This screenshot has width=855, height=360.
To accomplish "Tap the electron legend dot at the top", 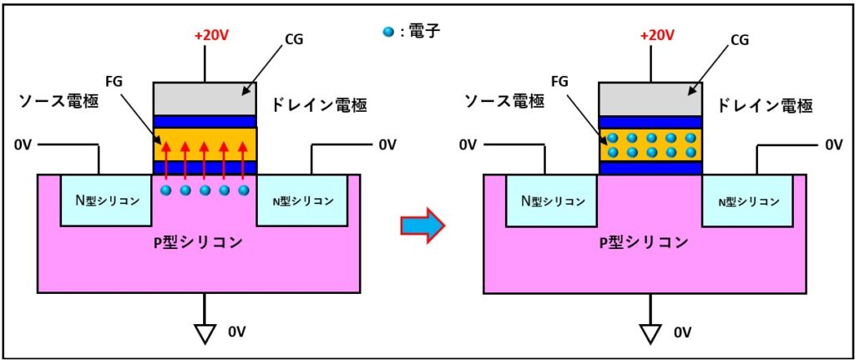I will coord(385,33).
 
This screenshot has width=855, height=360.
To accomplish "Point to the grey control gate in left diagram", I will coord(205,99).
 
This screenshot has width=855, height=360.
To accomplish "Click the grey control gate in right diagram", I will coord(651,99).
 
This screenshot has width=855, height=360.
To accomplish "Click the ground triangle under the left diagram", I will coord(204,333).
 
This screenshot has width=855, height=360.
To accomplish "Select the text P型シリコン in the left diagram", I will coord(198,243).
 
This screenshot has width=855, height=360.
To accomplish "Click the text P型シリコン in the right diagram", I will coord(644,243).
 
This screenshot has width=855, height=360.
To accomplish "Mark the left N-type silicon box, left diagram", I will coord(106,200).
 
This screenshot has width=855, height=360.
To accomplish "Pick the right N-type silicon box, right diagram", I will coord(747,200).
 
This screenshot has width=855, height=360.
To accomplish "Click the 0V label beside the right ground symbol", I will coord(681,333).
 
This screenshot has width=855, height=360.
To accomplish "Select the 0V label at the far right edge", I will coord(833,145).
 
